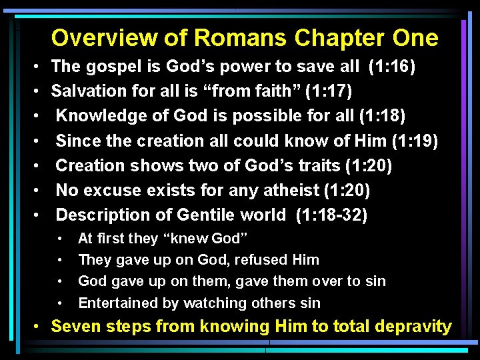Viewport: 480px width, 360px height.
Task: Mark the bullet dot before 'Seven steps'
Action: pyautogui.click(x=41, y=327)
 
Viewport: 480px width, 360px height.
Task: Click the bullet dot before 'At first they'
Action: pyautogui.click(x=61, y=239)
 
